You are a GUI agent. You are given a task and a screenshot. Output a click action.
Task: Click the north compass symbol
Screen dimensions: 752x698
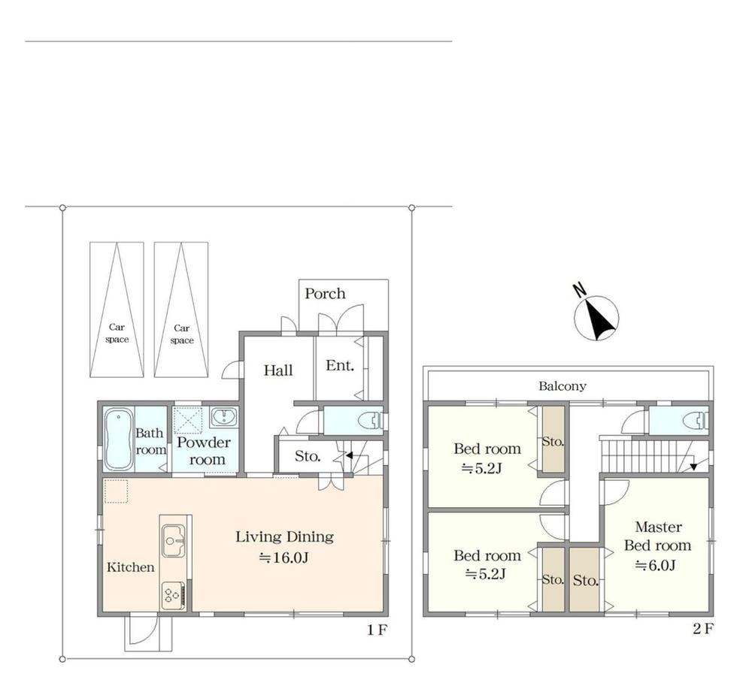coord(596,317)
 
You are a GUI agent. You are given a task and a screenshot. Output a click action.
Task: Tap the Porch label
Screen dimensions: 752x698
coord(325,293)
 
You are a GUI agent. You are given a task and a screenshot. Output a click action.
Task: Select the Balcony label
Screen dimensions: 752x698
coord(562,386)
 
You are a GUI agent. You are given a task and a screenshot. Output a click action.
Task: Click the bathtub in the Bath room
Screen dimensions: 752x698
coord(118,440)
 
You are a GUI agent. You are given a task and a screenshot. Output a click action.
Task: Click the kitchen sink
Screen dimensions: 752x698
coord(173,541)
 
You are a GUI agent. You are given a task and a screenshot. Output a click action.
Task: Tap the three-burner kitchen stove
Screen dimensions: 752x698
coord(173,595)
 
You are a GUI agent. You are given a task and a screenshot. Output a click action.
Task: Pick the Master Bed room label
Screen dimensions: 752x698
coord(657,536)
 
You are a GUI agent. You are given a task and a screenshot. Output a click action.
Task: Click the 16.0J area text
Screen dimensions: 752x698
coord(284,557)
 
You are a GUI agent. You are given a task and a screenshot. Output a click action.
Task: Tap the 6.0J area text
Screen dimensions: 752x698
coord(656,565)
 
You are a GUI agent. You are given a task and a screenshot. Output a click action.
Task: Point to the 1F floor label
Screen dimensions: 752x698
coord(377,630)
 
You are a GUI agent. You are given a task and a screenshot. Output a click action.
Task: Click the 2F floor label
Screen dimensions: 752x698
coord(703,629)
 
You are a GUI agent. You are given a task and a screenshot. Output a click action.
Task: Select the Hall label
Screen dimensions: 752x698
coord(278,370)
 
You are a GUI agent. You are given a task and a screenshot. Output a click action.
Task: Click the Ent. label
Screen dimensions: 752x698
coord(340,365)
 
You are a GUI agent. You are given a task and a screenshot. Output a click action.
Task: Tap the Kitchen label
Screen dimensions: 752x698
coord(130,567)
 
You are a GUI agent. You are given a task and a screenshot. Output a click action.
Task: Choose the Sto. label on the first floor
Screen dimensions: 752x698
coord(308,456)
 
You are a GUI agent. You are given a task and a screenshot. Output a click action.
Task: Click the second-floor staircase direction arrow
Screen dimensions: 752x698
coord(693,466)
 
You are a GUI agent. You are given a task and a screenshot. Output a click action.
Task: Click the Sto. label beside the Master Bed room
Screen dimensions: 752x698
coord(586,581)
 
